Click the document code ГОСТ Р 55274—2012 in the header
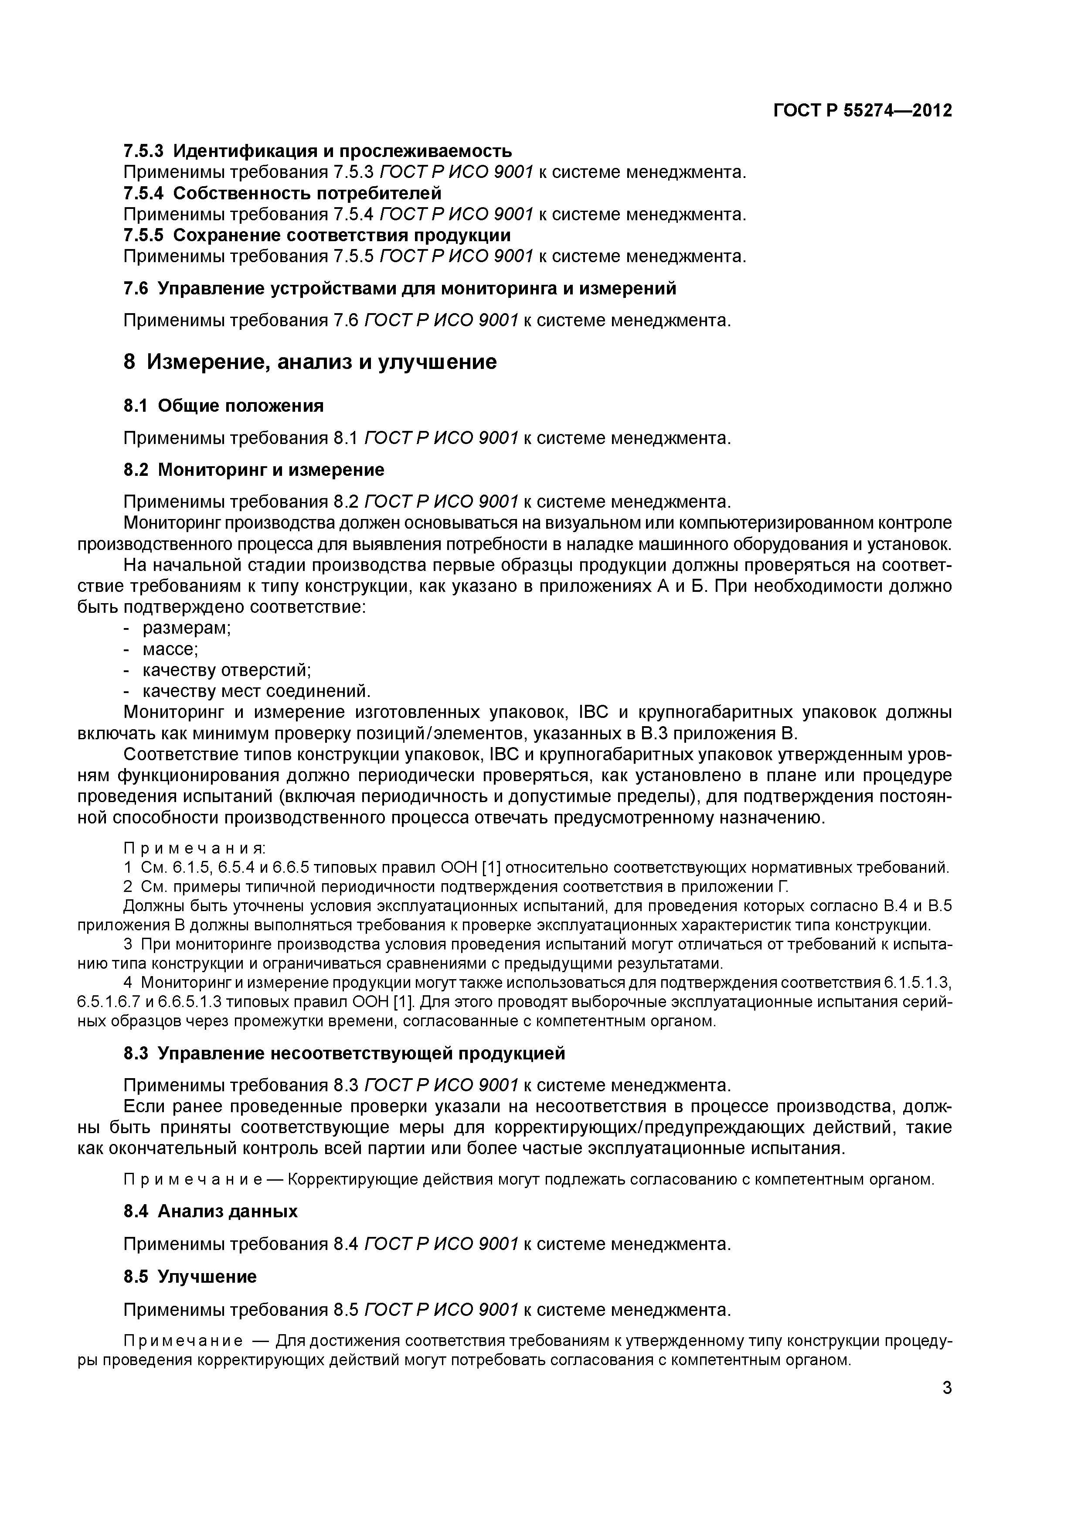coord(863,111)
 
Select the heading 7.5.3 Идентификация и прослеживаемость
coord(318,151)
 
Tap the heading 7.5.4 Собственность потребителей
coord(282,193)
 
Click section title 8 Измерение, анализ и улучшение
coord(310,362)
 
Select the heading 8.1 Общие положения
coord(224,406)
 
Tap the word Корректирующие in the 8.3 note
coord(340,1179)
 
